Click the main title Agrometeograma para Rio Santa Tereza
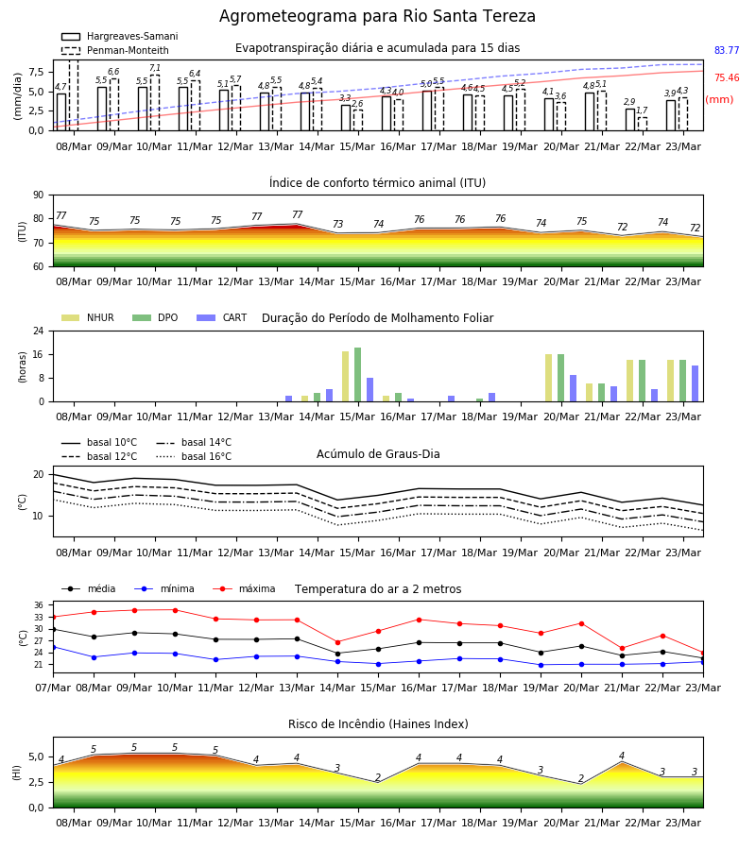(377, 16)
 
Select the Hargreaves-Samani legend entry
(119, 36)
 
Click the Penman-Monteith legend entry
(115, 50)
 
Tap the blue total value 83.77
(727, 50)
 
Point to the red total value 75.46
(727, 77)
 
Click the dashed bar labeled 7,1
(155, 103)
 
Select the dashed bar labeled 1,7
(642, 124)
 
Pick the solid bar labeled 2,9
(630, 120)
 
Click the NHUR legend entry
(88, 317)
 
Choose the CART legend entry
(222, 317)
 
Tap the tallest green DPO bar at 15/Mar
(358, 375)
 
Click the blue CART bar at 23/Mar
(696, 383)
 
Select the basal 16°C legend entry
(194, 456)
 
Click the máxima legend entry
(244, 588)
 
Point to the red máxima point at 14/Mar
(338, 642)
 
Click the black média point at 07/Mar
(53, 629)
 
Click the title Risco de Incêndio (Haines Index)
(378, 723)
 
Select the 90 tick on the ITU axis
(39, 195)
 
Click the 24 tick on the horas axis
(39, 331)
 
